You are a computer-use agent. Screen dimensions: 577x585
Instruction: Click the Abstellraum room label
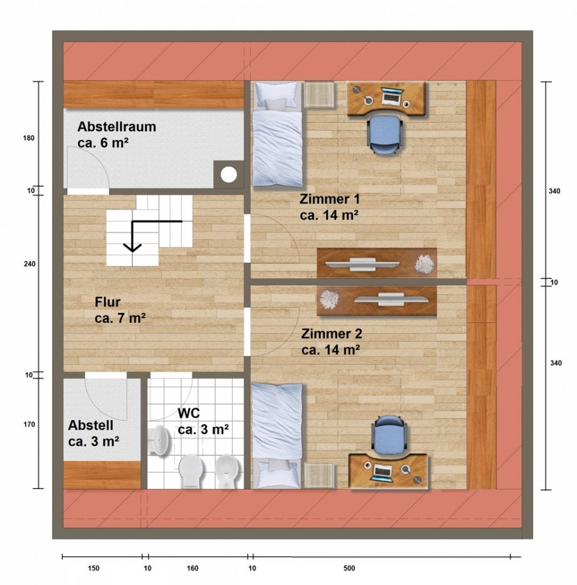(117, 127)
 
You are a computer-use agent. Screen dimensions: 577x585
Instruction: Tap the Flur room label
(107, 302)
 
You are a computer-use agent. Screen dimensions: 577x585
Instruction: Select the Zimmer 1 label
(329, 199)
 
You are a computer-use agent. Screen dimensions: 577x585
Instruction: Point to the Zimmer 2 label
(331, 334)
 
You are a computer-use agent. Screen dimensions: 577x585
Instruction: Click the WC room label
(189, 413)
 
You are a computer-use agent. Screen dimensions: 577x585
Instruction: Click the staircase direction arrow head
(132, 248)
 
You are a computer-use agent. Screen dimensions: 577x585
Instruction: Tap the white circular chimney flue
(228, 174)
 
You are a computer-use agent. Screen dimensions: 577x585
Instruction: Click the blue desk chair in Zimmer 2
(389, 435)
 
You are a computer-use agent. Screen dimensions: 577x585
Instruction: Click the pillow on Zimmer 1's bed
(277, 93)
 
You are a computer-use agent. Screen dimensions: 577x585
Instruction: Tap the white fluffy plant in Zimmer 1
(425, 264)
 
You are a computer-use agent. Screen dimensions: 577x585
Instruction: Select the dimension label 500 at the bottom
(349, 569)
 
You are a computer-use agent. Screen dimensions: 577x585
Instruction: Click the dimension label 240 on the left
(30, 264)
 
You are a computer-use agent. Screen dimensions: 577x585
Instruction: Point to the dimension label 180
(29, 138)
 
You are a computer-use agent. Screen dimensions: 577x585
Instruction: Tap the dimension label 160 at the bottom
(193, 569)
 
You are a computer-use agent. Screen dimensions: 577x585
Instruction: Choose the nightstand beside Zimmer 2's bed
(319, 475)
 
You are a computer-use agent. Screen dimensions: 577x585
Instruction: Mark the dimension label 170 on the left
(29, 424)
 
